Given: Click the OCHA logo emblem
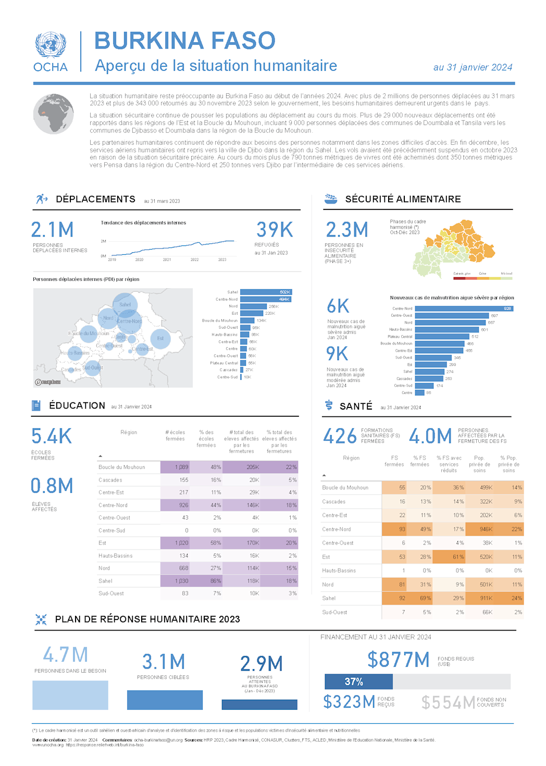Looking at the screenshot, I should pos(51,45).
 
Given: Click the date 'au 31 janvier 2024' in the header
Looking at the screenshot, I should pos(473,67).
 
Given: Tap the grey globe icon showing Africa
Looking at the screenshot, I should pos(53,114).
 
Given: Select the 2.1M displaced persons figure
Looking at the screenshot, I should pos(52,230).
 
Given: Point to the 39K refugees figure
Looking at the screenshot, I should pos(275,230).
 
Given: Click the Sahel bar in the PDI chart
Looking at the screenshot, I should pos(266,292).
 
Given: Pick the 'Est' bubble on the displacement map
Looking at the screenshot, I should pos(160,338).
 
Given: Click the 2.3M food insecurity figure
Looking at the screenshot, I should pos(347,230).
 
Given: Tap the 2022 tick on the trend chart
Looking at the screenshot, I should pos(194,260).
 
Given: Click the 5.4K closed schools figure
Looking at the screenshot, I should pos(52,436).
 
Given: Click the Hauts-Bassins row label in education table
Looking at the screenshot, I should pos(116,556).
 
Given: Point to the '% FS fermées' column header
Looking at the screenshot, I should pos(419,461).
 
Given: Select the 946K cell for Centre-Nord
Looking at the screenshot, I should pos(486,529).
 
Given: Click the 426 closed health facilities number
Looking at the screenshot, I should pos(340,436).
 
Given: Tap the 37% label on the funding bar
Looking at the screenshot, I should pos(354,682).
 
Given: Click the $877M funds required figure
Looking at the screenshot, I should pos(399,660).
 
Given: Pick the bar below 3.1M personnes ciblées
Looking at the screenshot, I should pos(165,700).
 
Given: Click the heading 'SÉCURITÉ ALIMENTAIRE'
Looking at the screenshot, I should pos(403,199).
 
